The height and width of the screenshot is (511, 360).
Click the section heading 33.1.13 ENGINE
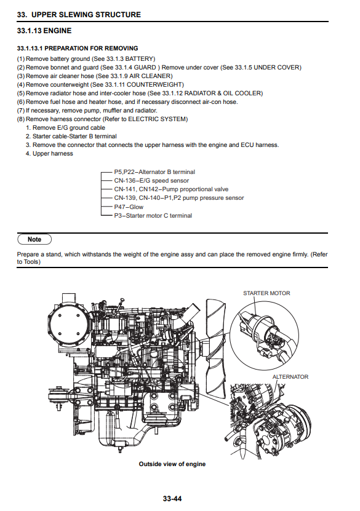44,31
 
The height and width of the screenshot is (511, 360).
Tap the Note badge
34,239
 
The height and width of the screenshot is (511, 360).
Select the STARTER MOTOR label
266,293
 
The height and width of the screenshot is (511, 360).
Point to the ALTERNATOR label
290,377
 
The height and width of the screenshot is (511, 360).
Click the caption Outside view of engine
172,464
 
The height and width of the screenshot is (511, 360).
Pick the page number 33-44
172,499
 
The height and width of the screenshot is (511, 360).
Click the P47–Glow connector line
106,207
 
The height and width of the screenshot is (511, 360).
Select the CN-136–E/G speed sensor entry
151,181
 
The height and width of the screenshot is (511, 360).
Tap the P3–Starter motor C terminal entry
153,215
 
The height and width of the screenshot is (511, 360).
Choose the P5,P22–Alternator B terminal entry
154,172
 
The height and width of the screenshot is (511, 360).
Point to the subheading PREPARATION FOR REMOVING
91,48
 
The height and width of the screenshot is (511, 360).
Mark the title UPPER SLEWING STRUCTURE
86,15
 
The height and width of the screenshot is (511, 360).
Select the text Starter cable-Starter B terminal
74,137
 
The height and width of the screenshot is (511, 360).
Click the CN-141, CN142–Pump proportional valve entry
171,189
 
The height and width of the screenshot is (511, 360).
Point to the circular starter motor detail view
265,336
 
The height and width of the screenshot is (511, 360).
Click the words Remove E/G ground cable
69,128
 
